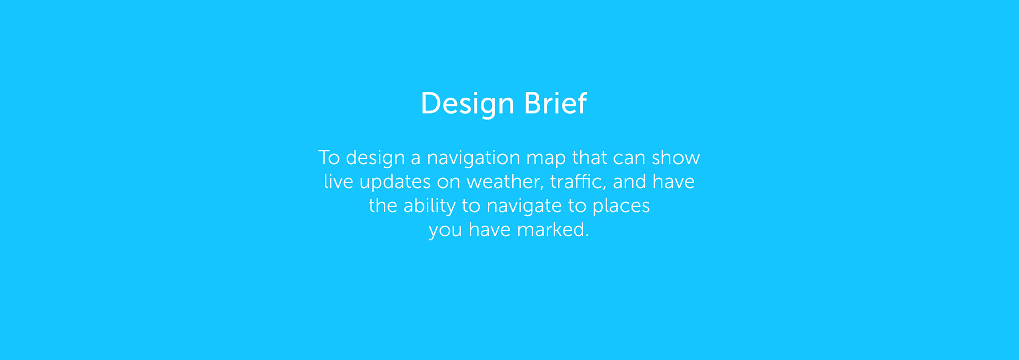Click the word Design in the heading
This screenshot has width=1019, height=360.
click(467, 104)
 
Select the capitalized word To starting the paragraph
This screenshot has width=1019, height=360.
click(329, 158)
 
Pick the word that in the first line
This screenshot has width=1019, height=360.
click(590, 158)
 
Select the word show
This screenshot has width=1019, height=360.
click(676, 158)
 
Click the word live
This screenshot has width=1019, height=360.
click(339, 182)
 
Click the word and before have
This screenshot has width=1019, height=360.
click(629, 182)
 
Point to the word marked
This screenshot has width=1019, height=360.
click(552, 229)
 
